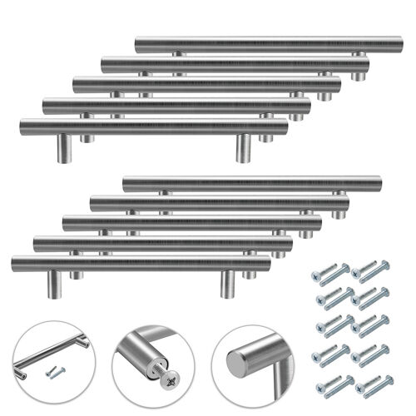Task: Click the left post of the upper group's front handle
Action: [63, 148]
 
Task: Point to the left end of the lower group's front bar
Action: [15, 264]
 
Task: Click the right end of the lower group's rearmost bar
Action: [378, 183]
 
